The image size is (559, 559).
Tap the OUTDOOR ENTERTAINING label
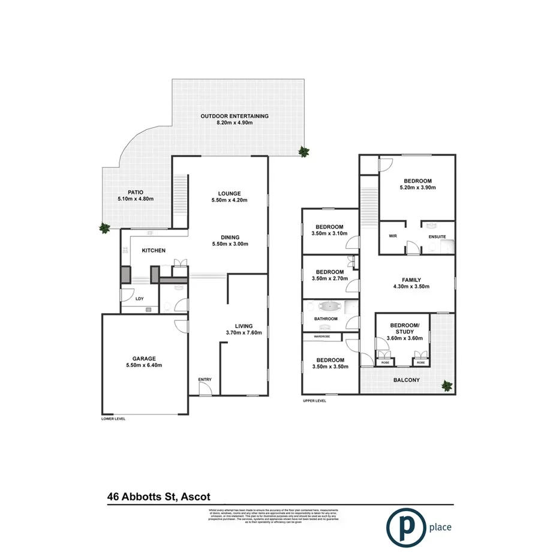click(235, 116)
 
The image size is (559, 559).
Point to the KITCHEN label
click(154, 251)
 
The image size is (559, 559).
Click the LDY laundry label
click(139, 298)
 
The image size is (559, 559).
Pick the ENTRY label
click(205, 380)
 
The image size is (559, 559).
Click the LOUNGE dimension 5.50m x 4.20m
click(229, 201)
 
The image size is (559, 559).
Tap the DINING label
click(229, 236)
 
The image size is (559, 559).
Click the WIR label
click(393, 236)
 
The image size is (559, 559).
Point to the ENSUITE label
click(437, 237)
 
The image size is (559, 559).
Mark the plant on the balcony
click(446, 386)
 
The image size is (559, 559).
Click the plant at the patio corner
click(105, 227)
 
